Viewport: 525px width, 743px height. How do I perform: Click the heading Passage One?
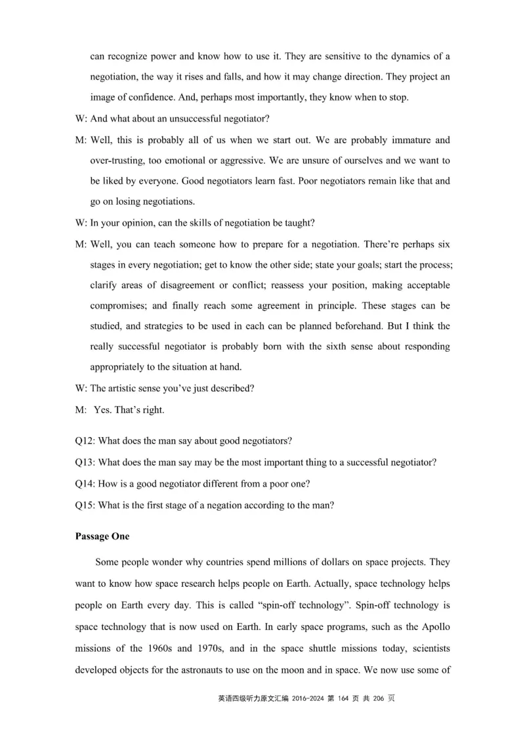102,536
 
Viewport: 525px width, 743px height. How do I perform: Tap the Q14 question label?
85,484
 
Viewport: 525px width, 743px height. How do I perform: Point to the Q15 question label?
85,505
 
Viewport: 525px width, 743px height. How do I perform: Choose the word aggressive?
235,160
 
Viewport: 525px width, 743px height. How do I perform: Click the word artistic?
127,388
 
